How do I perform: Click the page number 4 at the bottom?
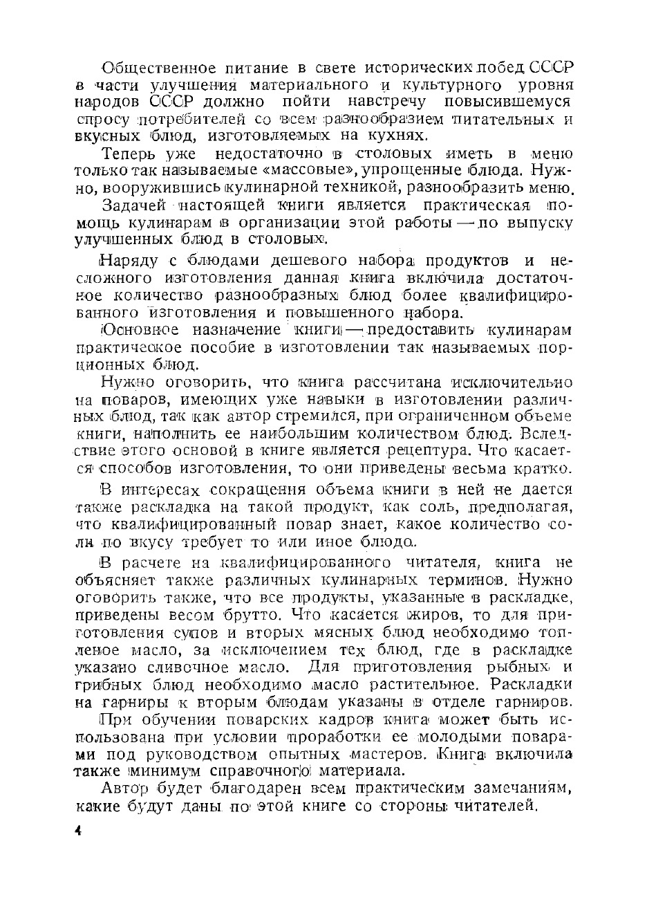pyautogui.click(x=79, y=830)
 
